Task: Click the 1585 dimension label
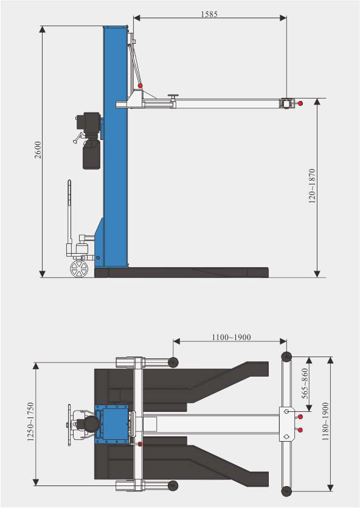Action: [x=209, y=13]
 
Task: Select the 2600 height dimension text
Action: [x=37, y=150]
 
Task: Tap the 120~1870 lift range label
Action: [x=312, y=186]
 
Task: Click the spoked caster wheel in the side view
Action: [x=78, y=268]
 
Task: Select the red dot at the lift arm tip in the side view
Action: [x=300, y=103]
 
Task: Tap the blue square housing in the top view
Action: [x=113, y=423]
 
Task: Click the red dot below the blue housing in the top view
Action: [x=140, y=445]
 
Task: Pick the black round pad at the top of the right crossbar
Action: [x=285, y=357]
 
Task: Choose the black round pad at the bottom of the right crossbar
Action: [x=285, y=490]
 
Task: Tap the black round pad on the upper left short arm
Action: [x=173, y=363]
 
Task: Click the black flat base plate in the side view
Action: [x=182, y=271]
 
